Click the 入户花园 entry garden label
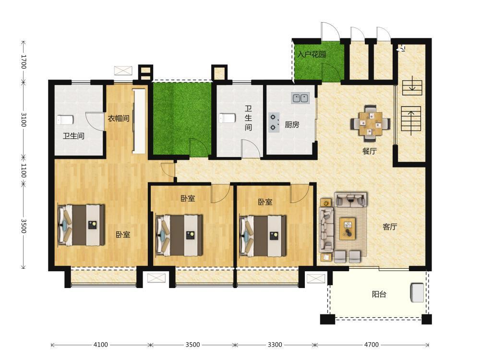pos(312,55)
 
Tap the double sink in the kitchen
pos(300,98)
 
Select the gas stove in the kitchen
pos(274,122)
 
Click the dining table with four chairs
pos(371,123)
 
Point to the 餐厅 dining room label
pos(370,151)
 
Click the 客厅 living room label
pos(390,227)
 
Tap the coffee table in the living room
pos(348,228)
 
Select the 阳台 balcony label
pos(379,295)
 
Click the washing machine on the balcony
pos(417,293)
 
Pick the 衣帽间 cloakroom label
pos(119,118)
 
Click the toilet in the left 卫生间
pos(65,120)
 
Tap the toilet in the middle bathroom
pos(227,118)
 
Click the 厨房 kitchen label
pos(292,125)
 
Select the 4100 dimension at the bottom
pos(100,345)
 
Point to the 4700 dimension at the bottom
pos(372,345)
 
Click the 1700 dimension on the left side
pos(24,61)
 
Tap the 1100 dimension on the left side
pos(24,171)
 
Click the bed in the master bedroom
pos(81,225)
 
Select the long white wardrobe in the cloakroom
pos(139,121)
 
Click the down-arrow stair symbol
pos(412,87)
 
